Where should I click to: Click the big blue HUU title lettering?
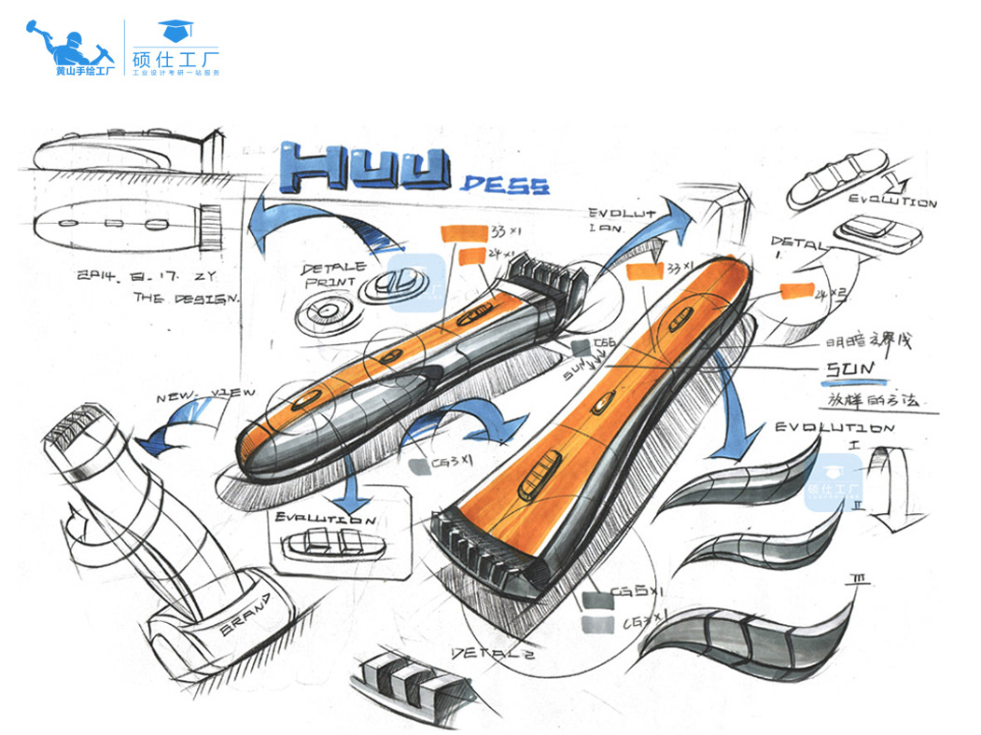click(371, 170)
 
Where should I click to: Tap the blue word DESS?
click(505, 184)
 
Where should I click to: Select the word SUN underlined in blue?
click(848, 370)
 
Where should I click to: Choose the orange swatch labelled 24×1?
click(470, 256)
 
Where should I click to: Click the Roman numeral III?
click(861, 581)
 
